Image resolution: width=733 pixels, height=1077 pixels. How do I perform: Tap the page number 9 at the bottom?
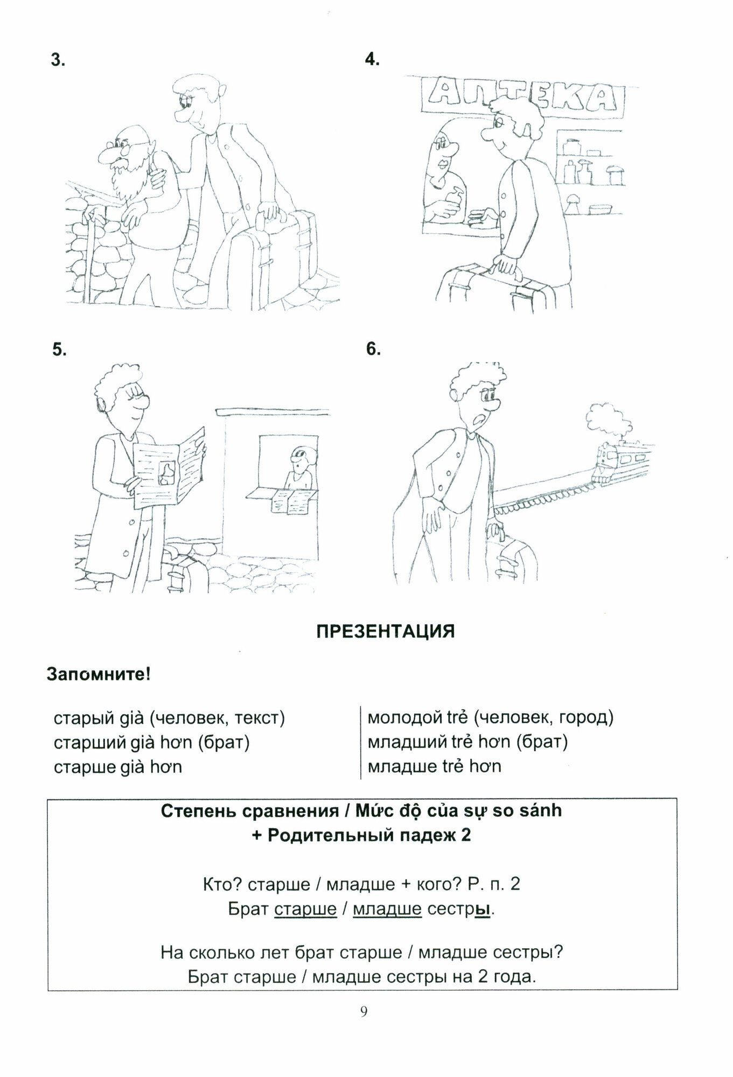coord(364,1011)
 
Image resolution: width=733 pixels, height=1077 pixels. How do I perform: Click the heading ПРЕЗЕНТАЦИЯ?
coord(385,631)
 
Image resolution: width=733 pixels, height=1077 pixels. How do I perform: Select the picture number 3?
coord(58,60)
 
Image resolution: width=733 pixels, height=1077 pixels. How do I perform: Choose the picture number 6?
coord(373,349)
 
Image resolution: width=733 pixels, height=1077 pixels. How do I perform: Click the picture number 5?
coord(59,349)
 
